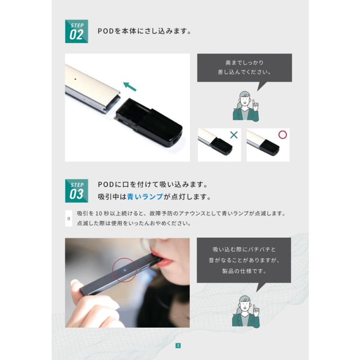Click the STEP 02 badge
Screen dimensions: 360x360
coord(76,31)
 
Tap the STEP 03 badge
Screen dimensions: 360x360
coord(76,191)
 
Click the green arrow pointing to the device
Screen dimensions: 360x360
coord(130,86)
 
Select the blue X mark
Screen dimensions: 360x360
coord(234,135)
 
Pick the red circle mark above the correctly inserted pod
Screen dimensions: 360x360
coord(282,134)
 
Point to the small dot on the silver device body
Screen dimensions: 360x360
coord(76,79)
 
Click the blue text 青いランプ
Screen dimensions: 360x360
coord(145,197)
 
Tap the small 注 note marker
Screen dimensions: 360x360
coord(68,218)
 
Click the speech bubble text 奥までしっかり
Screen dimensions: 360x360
coord(244,63)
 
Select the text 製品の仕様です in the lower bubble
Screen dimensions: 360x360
coord(244,271)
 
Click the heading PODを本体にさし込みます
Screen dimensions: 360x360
coord(144,31)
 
